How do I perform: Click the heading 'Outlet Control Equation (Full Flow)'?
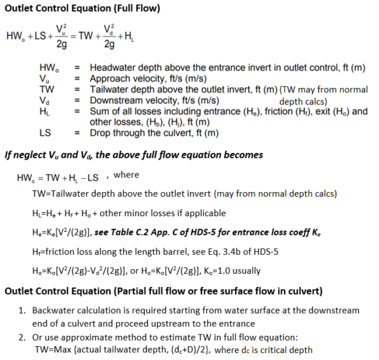[x=82, y=9]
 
